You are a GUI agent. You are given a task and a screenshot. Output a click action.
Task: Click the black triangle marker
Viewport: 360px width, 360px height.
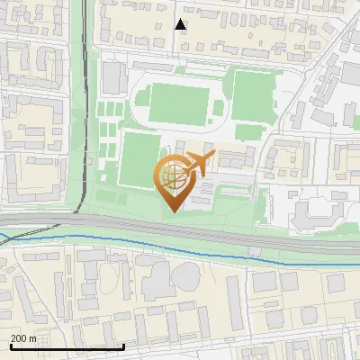pyautogui.click(x=180, y=24)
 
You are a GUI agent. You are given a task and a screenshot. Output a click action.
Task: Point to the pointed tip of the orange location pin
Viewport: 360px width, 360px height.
pyautogui.click(x=171, y=211)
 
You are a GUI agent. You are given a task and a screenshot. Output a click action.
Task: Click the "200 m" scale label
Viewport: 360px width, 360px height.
pyautogui.click(x=23, y=338)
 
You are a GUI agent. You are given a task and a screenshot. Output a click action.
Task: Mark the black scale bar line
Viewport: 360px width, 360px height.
pyautogui.click(x=67, y=346)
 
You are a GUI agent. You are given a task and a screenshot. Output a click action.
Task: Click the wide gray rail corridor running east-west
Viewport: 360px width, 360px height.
pyautogui.click(x=270, y=240)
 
